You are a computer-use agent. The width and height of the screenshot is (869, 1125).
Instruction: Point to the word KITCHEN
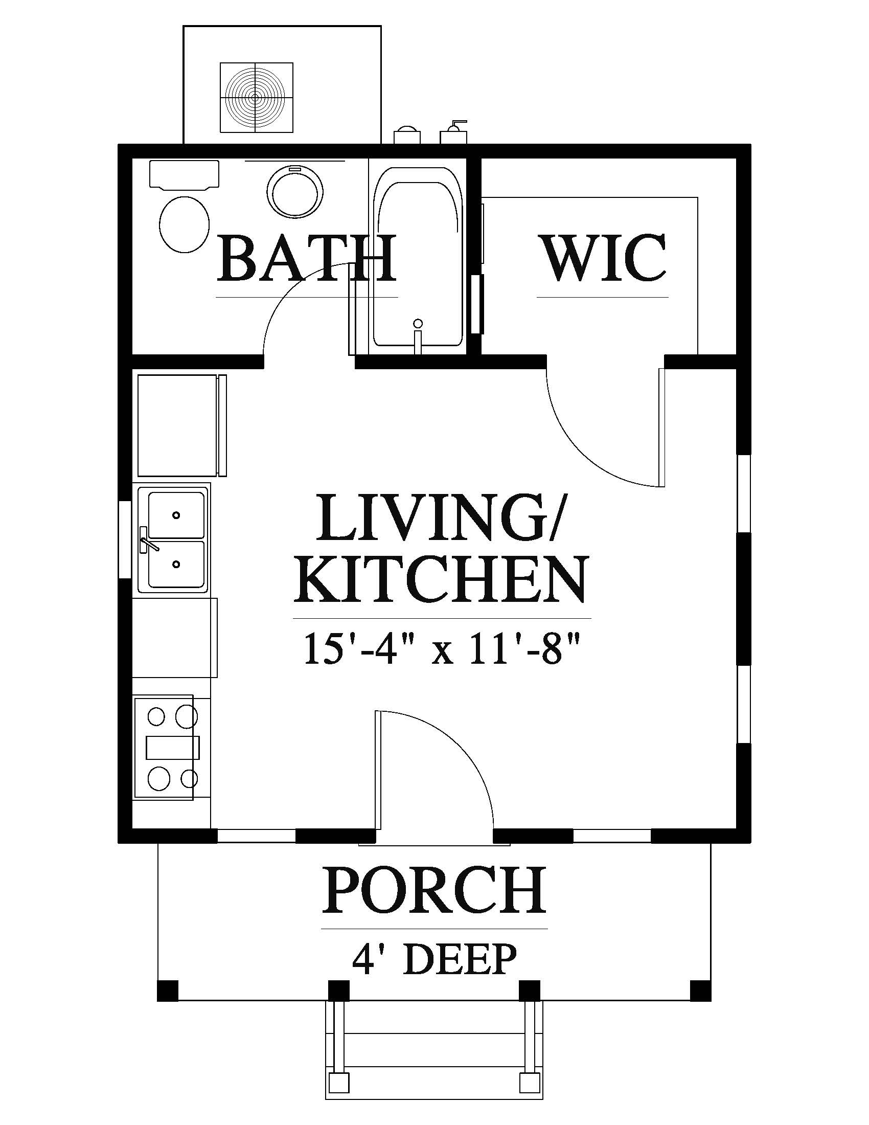pos(441,579)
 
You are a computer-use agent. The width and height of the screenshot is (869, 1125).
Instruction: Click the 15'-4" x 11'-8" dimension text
pos(442,650)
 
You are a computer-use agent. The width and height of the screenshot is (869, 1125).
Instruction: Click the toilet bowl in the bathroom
pos(185,224)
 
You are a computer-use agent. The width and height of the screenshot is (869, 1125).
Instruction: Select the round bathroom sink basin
pos(295,193)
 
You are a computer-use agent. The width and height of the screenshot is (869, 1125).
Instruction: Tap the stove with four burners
pos(165,747)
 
